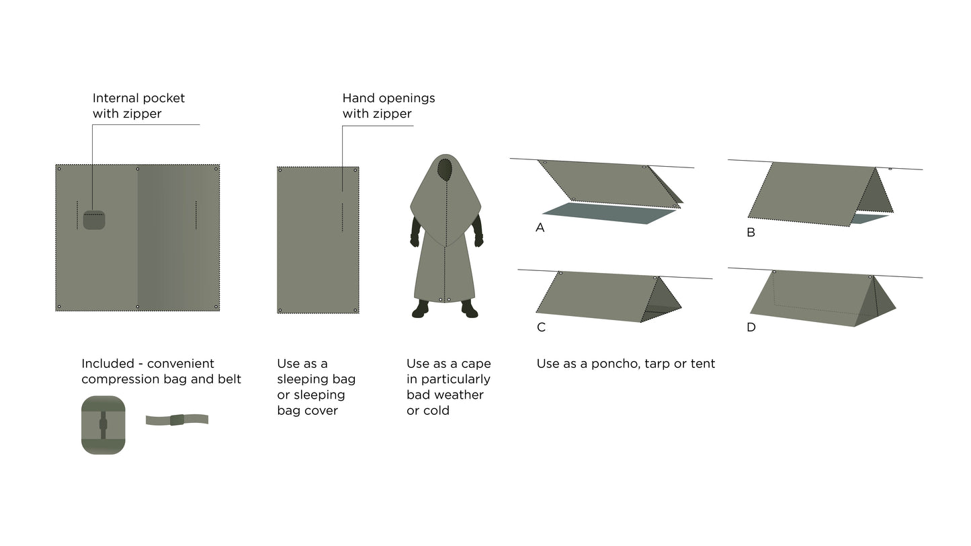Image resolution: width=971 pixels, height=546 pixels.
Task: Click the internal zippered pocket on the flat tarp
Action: tap(94, 220)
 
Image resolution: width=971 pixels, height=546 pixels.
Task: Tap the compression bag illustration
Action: tap(103, 425)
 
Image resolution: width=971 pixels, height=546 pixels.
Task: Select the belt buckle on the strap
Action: tap(177, 420)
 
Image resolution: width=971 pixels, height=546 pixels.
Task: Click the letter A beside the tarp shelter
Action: tap(540, 227)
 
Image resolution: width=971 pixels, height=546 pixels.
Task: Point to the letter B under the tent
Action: tap(751, 233)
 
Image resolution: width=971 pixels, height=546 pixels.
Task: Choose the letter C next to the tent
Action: tap(541, 327)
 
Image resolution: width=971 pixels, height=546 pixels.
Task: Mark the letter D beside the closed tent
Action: tap(751, 327)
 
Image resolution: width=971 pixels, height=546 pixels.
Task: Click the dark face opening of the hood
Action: tap(445, 169)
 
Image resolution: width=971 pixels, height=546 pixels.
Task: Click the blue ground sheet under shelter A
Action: tap(609, 213)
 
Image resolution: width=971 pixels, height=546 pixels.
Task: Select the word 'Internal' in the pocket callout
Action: tap(114, 98)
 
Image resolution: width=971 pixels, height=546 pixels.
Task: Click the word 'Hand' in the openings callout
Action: tap(355, 98)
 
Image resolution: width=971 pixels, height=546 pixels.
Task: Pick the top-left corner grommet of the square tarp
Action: tap(59, 169)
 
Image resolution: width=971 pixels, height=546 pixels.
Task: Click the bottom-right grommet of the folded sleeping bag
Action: tap(355, 310)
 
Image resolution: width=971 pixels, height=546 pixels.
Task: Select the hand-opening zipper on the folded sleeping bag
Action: tap(343, 217)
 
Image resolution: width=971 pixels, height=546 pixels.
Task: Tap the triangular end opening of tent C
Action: tap(661, 300)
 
